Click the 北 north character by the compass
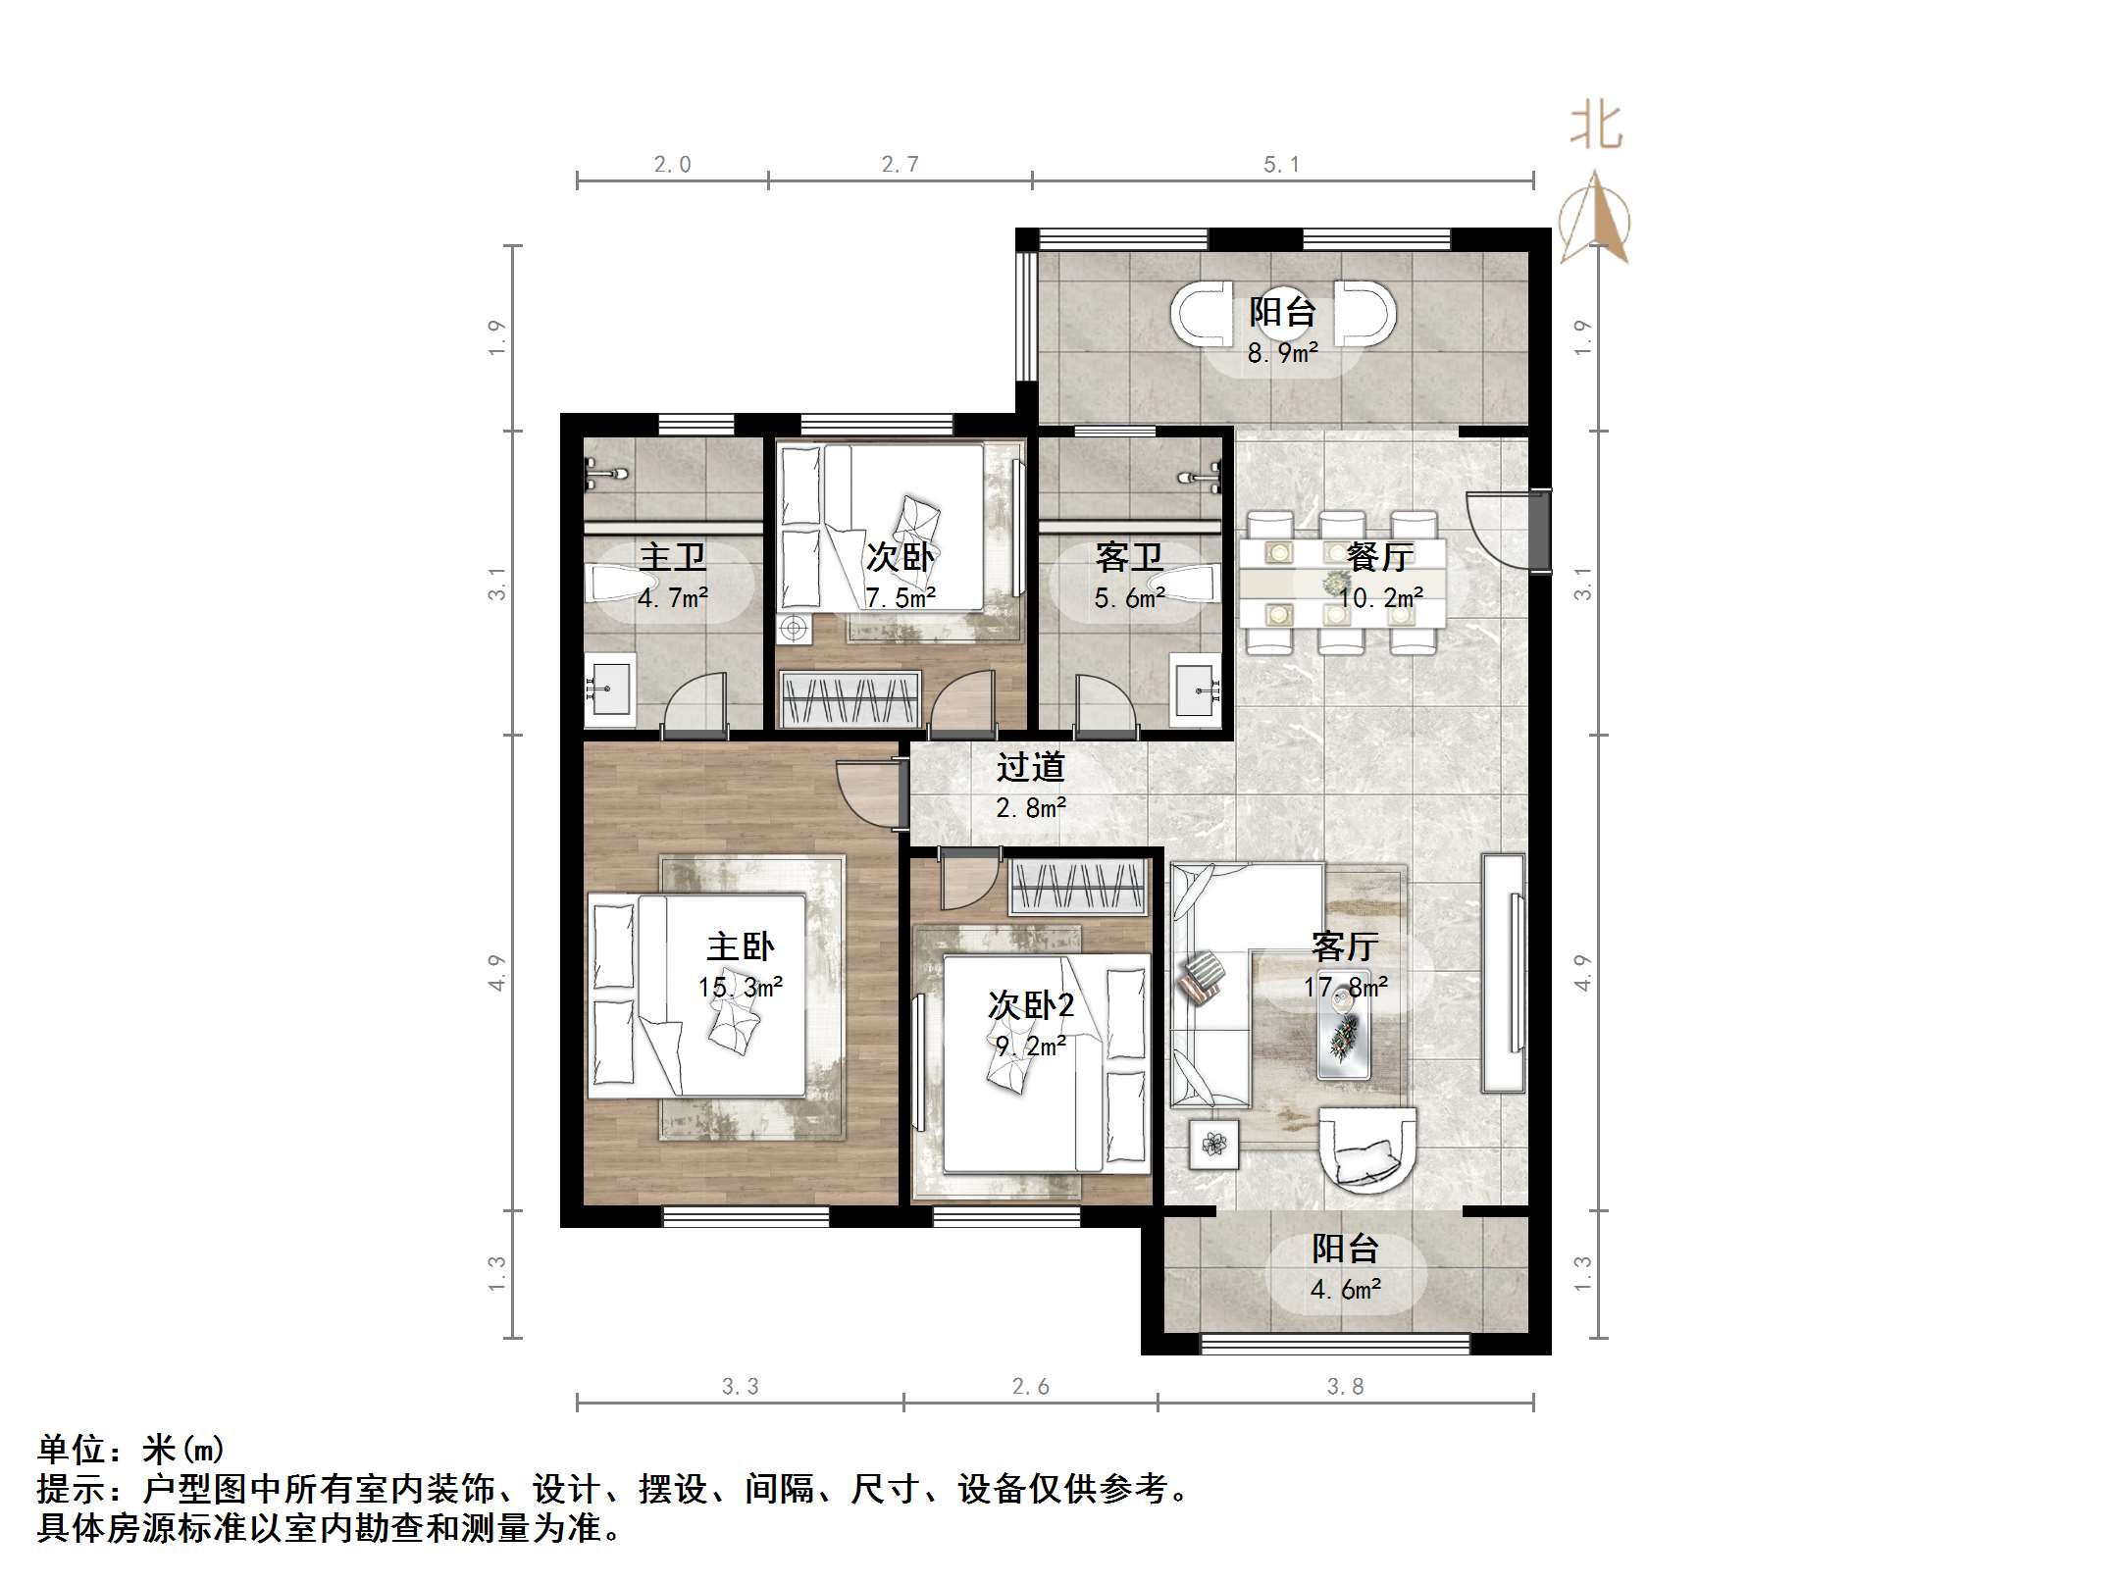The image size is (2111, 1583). (1596, 128)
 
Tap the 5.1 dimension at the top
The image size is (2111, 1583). (1281, 165)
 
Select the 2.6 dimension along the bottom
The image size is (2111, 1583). (1030, 1386)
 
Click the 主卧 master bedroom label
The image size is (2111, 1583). (741, 946)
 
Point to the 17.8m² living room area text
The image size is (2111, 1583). (1346, 987)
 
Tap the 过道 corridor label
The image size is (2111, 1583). (1031, 767)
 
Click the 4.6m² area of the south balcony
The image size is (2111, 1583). (1346, 1289)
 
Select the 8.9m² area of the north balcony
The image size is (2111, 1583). (1282, 353)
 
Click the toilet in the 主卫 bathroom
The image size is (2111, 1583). (613, 584)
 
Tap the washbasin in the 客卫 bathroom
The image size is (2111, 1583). (1197, 690)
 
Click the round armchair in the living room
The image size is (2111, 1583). (1367, 1149)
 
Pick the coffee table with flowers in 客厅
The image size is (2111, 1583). (1344, 1038)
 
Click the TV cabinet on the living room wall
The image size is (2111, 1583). (1504, 974)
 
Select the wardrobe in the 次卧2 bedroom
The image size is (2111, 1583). (1079, 887)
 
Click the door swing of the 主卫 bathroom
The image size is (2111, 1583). (695, 702)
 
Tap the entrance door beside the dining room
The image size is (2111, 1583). (1501, 531)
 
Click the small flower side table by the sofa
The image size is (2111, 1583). (1214, 1144)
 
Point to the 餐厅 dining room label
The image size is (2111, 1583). (1380, 557)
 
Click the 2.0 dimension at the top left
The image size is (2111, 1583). (673, 165)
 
